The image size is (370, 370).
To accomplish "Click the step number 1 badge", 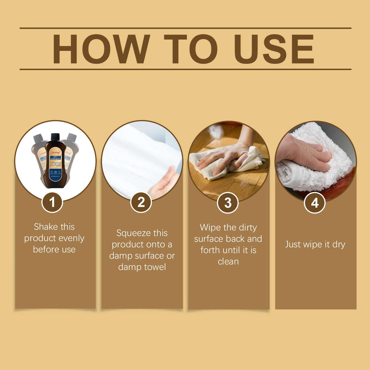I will [52, 202].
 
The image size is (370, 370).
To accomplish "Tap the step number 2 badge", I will [141, 202].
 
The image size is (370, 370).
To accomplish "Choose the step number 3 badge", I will [228, 202].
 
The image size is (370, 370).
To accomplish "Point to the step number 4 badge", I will [315, 202].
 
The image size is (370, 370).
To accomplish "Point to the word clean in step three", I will [228, 261].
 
